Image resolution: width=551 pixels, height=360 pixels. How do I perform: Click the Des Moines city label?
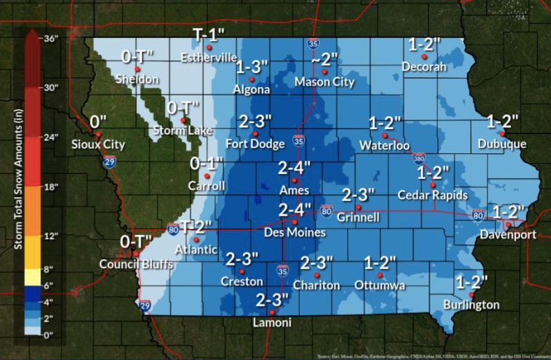coord(295,233)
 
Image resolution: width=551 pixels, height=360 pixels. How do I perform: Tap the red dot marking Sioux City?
coord(99,134)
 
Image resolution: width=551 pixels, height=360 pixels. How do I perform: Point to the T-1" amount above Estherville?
coord(209,35)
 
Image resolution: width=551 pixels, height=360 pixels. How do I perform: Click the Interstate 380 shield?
coord(419,158)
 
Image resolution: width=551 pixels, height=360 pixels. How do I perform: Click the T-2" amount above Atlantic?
coord(197,225)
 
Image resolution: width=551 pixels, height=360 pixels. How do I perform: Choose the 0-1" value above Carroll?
coord(207,164)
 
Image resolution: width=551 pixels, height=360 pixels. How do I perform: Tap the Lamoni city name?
coord(271,323)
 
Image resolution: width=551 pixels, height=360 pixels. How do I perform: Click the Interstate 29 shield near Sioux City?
coord(110,162)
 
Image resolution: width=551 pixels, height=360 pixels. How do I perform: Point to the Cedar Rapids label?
coord(432,196)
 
